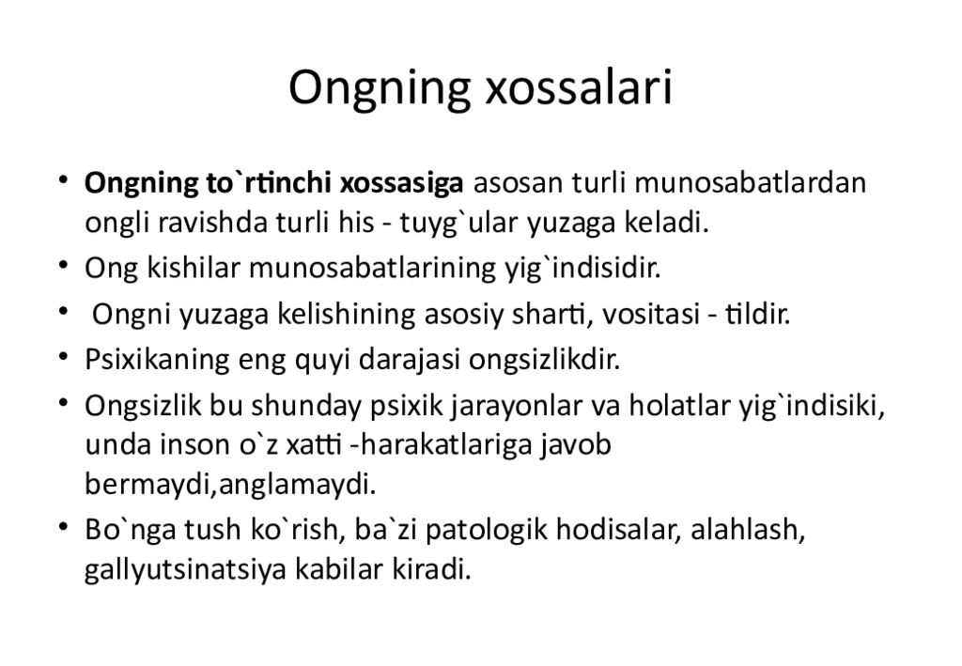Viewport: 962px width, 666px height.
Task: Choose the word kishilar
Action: (194, 268)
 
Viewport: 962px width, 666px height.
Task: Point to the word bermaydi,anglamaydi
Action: (230, 485)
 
